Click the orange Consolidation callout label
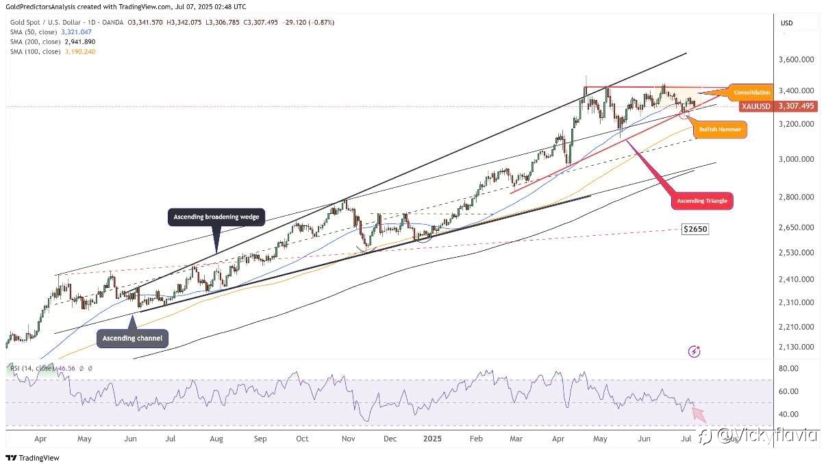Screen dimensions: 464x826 tap(751, 92)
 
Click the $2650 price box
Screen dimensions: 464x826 tap(695, 229)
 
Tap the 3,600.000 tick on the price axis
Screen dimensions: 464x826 tap(796, 60)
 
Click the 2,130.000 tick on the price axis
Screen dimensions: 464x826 tap(796, 347)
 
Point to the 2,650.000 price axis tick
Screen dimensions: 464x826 tap(796, 228)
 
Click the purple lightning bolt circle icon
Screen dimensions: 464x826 tap(694, 352)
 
